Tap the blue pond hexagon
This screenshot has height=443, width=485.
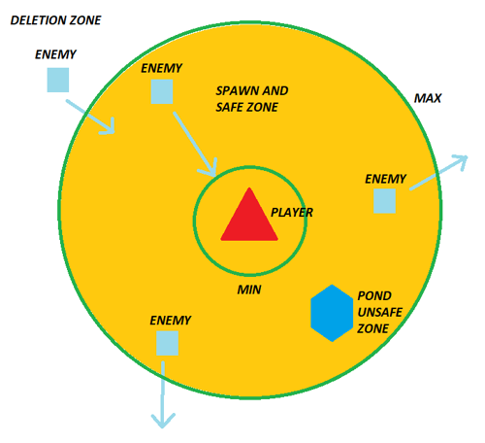coord(332,313)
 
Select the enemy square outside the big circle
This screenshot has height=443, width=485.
coord(58,80)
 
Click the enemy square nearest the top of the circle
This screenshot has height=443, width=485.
coord(162,92)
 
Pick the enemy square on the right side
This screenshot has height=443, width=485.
coord(384,201)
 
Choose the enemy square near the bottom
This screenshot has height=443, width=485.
coord(167,343)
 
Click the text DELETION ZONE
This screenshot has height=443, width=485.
coord(55,20)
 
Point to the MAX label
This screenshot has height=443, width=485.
coord(428,99)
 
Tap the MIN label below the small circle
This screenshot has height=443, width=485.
coord(249,290)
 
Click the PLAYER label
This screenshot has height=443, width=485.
coord(292,212)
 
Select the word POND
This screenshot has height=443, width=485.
coord(374,295)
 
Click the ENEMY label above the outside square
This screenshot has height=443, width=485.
coord(56,54)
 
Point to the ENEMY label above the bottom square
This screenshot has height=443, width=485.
coord(171,321)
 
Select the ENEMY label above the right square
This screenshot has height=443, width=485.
coord(385,180)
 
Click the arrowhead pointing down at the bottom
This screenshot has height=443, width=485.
coord(162,420)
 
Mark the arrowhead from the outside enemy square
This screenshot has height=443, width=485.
coord(109,127)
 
